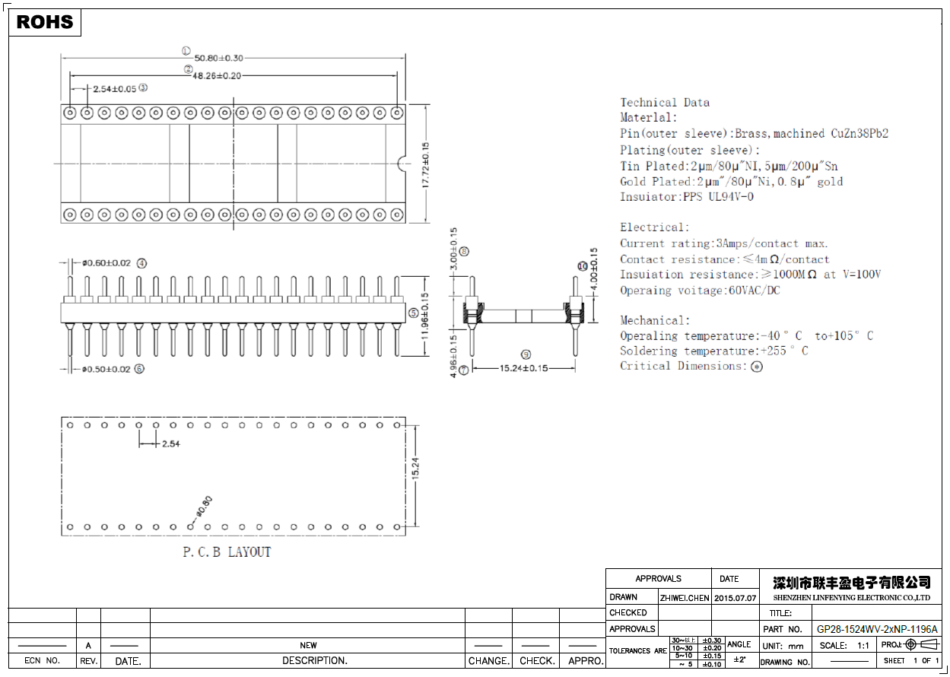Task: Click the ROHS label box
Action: point(45,22)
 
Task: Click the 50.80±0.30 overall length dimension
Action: point(218,58)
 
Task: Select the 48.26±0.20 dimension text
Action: point(217,75)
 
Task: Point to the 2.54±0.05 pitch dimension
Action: point(114,89)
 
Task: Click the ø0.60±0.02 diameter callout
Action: point(106,263)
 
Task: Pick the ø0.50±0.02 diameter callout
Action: point(106,369)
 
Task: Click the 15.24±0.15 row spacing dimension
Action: point(523,368)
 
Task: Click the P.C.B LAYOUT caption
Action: point(227,552)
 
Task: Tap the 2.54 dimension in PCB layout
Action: point(171,443)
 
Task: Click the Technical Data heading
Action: point(665,103)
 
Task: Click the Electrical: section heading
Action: point(655,227)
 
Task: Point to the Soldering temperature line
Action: point(713,351)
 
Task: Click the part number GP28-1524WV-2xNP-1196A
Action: point(877,629)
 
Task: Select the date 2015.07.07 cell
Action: point(736,598)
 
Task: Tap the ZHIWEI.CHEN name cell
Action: point(685,598)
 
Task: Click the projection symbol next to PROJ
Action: point(921,644)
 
